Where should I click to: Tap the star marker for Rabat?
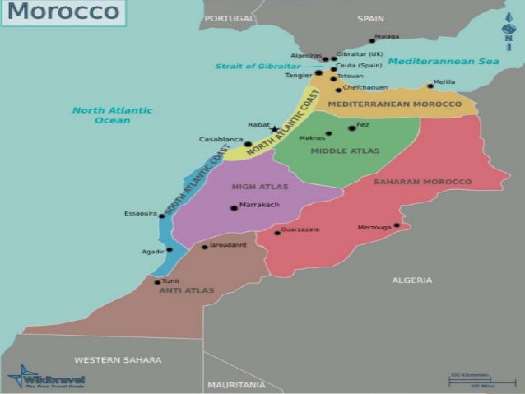pyautogui.click(x=274, y=129)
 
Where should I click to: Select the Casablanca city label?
pyautogui.click(x=221, y=139)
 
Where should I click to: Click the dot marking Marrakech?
pyautogui.click(x=234, y=207)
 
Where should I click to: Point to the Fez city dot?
pyautogui.click(x=351, y=127)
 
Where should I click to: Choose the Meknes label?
pyautogui.click(x=311, y=137)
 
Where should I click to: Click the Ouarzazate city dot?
pyautogui.click(x=277, y=233)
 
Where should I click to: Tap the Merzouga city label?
pyautogui.click(x=374, y=227)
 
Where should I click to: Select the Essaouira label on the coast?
pyautogui.click(x=140, y=213)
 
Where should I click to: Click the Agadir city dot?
pyautogui.click(x=170, y=249)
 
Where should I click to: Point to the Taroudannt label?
pyautogui.click(x=228, y=245)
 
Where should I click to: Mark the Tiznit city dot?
pyautogui.click(x=157, y=281)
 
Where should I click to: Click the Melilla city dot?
pyautogui.click(x=430, y=86)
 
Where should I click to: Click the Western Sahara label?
pyautogui.click(x=118, y=359)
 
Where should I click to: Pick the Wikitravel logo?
pyautogui.click(x=45, y=378)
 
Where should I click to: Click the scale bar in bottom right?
pyautogui.click(x=472, y=380)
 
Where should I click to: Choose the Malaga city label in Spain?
pyautogui.click(x=386, y=36)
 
